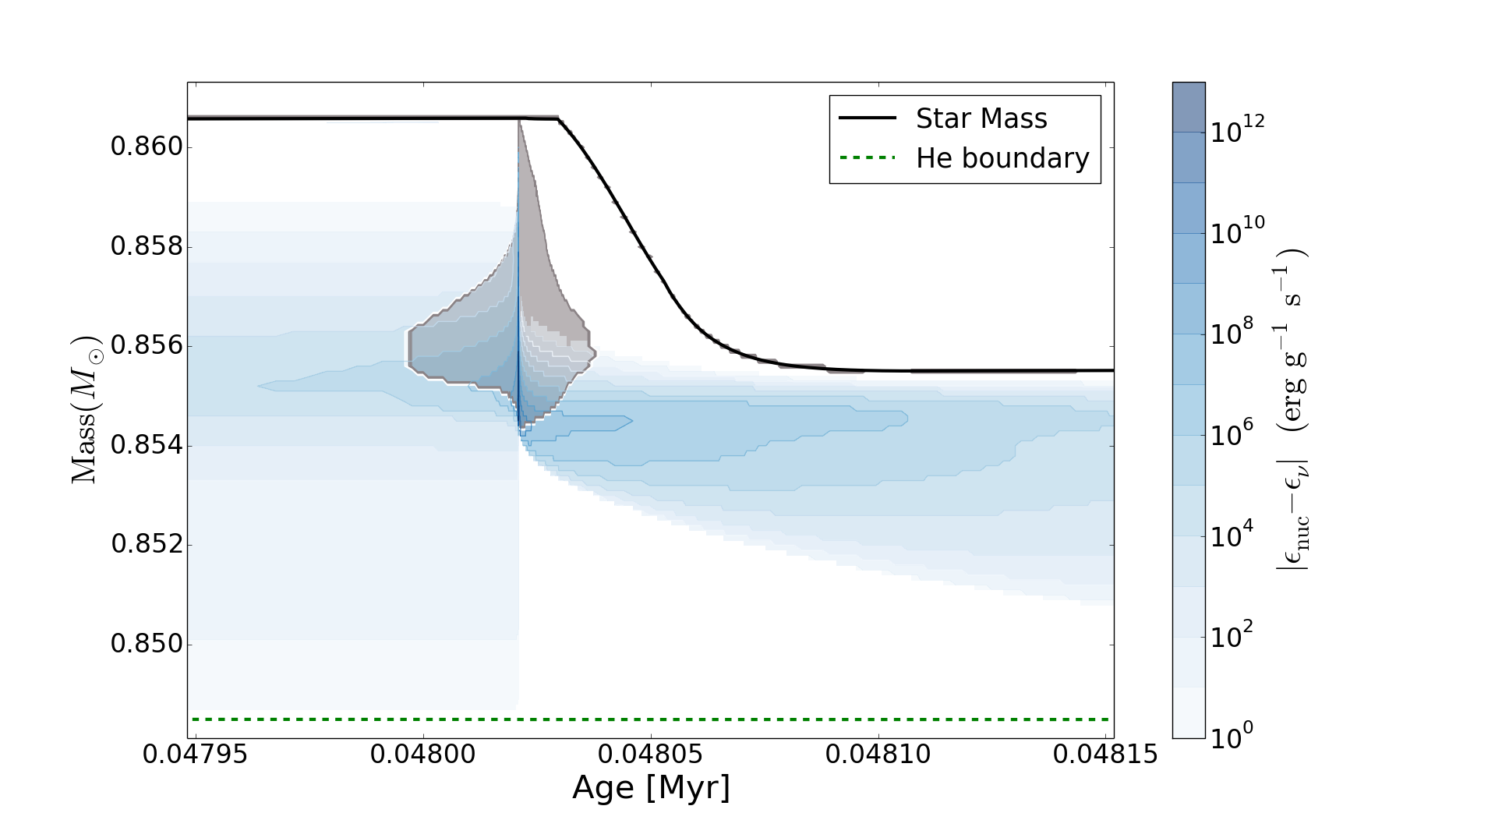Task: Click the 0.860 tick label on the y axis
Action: [x=147, y=147]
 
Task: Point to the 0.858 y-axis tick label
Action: [x=147, y=246]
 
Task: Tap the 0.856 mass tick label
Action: [x=147, y=345]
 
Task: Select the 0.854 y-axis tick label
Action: [x=147, y=445]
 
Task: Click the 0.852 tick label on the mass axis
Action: [x=147, y=544]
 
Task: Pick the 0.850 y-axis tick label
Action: [x=147, y=644]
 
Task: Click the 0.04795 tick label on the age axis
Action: [x=196, y=755]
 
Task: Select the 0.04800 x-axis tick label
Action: [x=423, y=755]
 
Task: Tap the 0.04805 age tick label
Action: [x=651, y=755]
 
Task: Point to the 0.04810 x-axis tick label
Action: [x=878, y=755]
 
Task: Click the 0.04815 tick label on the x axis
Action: [x=1106, y=755]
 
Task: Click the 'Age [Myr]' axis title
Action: [x=651, y=788]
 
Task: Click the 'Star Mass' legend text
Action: [x=981, y=118]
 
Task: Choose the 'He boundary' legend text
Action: [x=1002, y=158]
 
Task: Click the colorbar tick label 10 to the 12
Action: [x=1237, y=129]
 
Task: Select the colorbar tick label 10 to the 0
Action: [x=1232, y=734]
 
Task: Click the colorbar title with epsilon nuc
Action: [x=1292, y=410]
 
